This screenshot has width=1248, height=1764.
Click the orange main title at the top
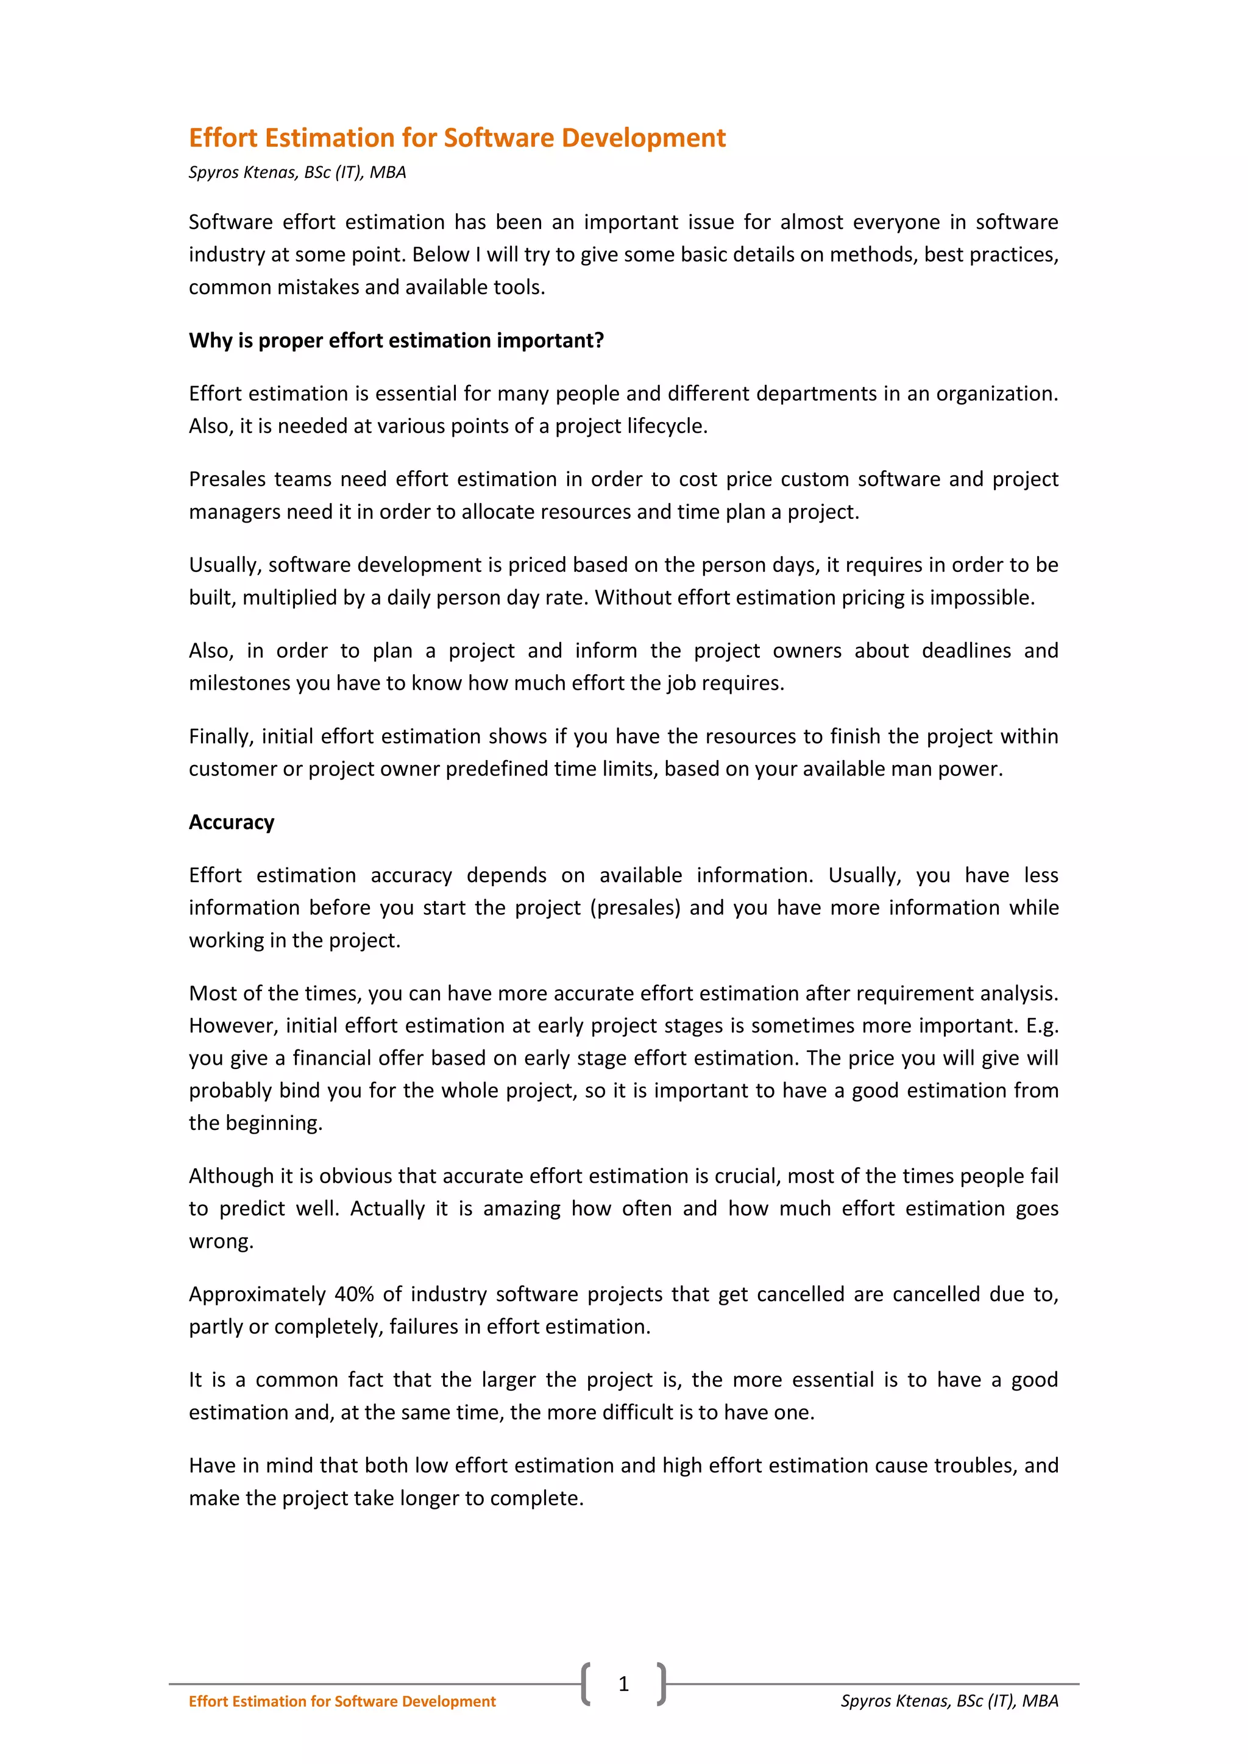click(456, 138)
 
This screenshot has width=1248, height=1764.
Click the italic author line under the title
click(297, 172)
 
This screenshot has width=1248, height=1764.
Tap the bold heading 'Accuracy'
click(232, 822)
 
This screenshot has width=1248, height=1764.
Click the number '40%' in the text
click(353, 1294)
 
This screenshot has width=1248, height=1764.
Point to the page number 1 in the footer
click(623, 1684)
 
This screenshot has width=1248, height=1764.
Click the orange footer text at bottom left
click(342, 1701)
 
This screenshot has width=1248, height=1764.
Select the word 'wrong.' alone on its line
click(221, 1241)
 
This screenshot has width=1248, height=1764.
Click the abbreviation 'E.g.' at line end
click(1042, 1025)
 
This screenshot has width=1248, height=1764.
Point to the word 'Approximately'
click(257, 1294)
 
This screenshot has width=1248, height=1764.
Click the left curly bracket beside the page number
click(586, 1684)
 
